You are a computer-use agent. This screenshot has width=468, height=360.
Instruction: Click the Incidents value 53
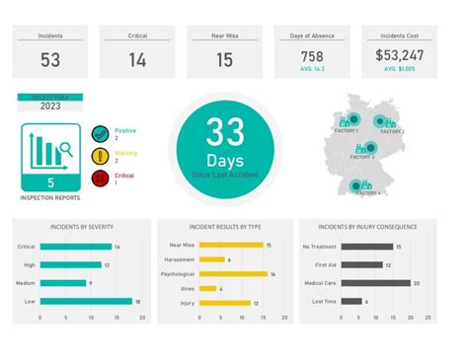click(x=50, y=60)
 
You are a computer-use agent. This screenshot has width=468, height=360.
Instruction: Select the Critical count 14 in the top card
click(x=137, y=60)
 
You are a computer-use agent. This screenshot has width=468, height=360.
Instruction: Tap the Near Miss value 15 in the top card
click(x=224, y=60)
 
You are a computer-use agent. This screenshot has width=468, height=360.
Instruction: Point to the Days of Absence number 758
click(x=312, y=56)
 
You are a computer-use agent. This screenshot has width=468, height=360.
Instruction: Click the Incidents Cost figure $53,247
click(x=400, y=56)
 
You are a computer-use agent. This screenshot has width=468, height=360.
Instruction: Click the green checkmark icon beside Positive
click(x=100, y=134)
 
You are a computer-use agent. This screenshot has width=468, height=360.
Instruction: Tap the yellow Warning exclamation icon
click(x=100, y=156)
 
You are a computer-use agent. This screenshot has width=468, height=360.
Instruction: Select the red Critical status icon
click(x=100, y=178)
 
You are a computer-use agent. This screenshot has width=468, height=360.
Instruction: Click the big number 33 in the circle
click(x=224, y=132)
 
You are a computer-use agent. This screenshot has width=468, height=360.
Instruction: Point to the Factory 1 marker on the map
click(x=351, y=121)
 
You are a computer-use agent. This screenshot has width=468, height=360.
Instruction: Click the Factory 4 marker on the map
click(x=365, y=184)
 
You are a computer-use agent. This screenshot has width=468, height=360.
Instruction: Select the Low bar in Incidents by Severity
click(x=86, y=302)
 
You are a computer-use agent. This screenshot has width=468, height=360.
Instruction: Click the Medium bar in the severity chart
click(x=63, y=283)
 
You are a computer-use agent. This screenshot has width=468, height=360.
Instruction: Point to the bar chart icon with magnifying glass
click(x=51, y=151)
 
